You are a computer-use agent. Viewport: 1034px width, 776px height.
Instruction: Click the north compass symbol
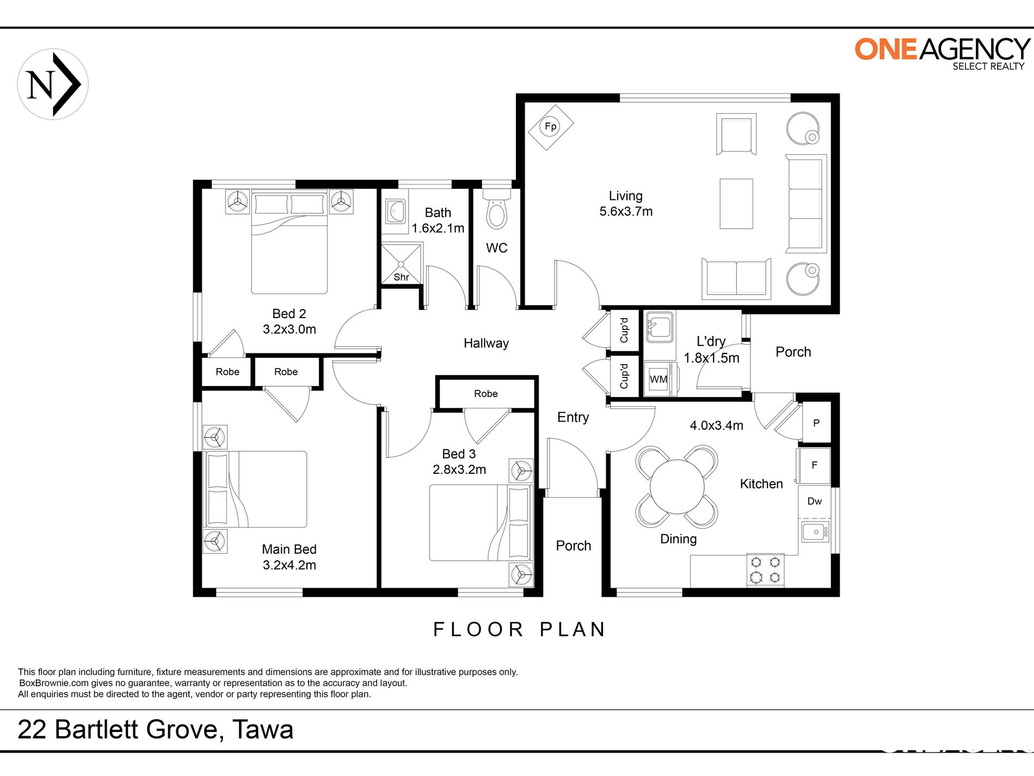click(53, 84)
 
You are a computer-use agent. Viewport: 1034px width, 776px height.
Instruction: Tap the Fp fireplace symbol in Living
click(551, 127)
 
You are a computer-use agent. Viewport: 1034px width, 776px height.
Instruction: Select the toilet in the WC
click(496, 209)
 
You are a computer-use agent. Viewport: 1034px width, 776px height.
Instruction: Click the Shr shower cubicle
click(401, 264)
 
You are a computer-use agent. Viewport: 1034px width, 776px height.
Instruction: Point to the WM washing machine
click(659, 378)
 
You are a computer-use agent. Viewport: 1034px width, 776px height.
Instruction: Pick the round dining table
click(677, 486)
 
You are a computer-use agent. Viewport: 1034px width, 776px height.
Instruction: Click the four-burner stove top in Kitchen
click(765, 570)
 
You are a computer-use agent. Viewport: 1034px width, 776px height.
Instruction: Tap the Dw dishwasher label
click(814, 501)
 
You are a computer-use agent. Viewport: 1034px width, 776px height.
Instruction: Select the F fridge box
click(814, 465)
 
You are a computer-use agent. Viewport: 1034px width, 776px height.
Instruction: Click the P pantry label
click(816, 423)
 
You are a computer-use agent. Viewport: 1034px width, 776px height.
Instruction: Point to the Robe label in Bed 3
click(486, 394)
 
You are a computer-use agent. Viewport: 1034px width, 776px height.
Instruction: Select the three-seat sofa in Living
click(805, 204)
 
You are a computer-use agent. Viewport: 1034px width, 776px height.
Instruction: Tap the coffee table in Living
click(736, 204)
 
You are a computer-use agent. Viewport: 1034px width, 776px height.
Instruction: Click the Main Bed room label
click(289, 549)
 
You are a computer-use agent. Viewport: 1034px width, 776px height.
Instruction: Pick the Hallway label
click(486, 343)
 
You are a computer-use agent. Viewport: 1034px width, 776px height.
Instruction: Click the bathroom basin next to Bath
click(395, 211)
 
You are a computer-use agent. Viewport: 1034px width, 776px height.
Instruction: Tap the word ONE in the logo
click(886, 49)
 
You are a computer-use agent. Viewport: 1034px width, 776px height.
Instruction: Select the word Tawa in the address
click(263, 730)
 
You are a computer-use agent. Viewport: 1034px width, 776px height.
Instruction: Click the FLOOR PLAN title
click(520, 630)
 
